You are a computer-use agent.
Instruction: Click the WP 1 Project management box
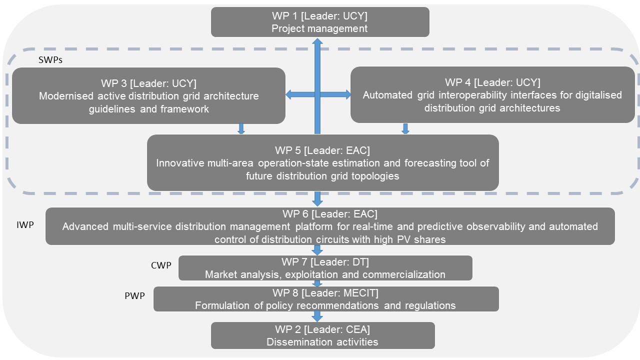pyautogui.click(x=320, y=22)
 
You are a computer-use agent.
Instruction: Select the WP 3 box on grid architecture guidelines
pyautogui.click(x=148, y=95)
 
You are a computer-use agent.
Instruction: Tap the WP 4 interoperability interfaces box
pyautogui.click(x=492, y=95)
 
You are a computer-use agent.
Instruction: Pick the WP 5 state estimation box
pyautogui.click(x=322, y=162)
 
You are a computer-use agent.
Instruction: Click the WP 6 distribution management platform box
pyautogui.click(x=330, y=226)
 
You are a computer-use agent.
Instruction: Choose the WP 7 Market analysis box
pyautogui.click(x=325, y=268)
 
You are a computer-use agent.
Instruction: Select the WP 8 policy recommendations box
pyautogui.click(x=325, y=299)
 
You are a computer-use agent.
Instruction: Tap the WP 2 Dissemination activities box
pyautogui.click(x=322, y=335)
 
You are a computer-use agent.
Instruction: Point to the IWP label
pyautogui.click(x=25, y=225)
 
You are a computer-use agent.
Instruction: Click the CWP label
pyautogui.click(x=161, y=264)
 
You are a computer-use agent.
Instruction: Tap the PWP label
pyautogui.click(x=134, y=295)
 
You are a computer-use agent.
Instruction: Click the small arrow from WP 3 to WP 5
pyautogui.click(x=241, y=129)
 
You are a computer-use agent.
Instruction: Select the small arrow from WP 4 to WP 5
pyautogui.click(x=405, y=129)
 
